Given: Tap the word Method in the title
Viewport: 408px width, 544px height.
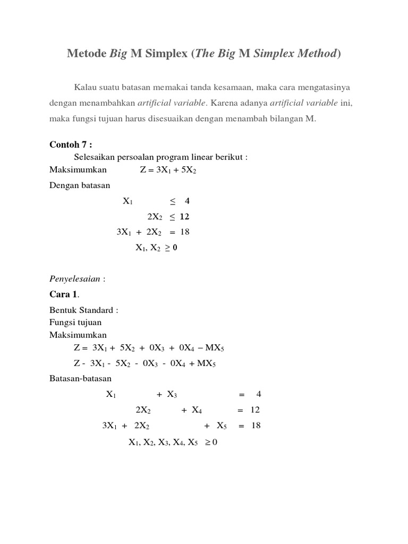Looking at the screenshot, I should click(317, 54).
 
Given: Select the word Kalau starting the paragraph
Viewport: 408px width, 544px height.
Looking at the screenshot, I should click(86, 87).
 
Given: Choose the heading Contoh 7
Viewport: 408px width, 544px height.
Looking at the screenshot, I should click(71, 145).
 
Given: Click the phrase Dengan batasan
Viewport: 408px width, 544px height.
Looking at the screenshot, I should click(80, 185).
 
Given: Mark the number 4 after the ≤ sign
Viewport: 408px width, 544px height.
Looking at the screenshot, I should click(187, 201).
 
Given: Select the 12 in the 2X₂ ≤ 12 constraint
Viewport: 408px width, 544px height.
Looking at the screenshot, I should click(184, 217).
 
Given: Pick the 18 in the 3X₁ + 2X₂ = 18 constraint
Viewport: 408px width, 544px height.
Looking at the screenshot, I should click(184, 232).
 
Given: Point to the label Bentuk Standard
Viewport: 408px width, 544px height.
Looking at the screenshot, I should click(83, 310).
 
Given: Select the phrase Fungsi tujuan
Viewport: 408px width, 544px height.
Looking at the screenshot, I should click(75, 322).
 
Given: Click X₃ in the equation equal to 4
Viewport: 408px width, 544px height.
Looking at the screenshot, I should click(172, 395).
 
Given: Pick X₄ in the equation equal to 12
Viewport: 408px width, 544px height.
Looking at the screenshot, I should click(197, 410).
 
